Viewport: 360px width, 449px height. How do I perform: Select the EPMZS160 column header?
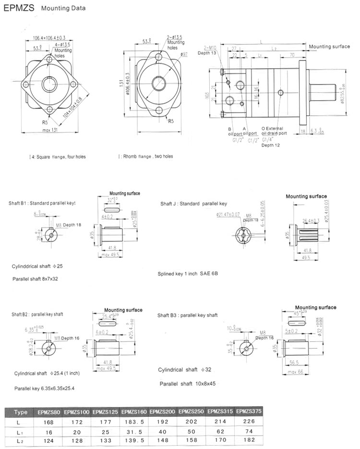(134, 412)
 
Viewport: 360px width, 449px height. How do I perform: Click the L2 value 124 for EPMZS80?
(48, 440)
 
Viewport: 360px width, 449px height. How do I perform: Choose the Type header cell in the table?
(21, 412)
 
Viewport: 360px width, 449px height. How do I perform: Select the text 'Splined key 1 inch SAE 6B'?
(188, 275)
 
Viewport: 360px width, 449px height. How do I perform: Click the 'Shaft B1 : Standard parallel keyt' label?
(42, 203)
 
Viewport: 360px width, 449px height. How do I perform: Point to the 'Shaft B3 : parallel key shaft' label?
(188, 315)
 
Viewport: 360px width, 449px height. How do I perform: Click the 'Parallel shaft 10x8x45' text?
(187, 384)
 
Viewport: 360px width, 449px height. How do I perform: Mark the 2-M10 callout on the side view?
(210, 48)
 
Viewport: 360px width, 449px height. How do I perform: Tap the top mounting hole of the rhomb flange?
(159, 57)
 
